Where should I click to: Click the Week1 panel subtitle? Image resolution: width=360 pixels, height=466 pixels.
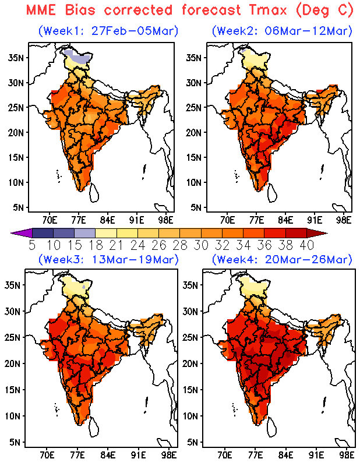[x=108, y=30]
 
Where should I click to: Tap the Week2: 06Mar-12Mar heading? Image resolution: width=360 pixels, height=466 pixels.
[x=283, y=30]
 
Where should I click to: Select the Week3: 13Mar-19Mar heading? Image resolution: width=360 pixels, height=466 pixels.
[x=108, y=259]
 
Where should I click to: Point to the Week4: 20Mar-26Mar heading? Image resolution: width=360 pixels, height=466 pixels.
[x=283, y=259]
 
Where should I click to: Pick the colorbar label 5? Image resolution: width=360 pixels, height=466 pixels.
[x=32, y=245]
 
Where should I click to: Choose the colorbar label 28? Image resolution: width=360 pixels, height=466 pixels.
[x=184, y=245]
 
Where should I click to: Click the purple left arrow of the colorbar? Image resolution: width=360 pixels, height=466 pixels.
[x=17, y=233]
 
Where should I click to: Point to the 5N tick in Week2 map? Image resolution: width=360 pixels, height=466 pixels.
[x=195, y=207]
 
